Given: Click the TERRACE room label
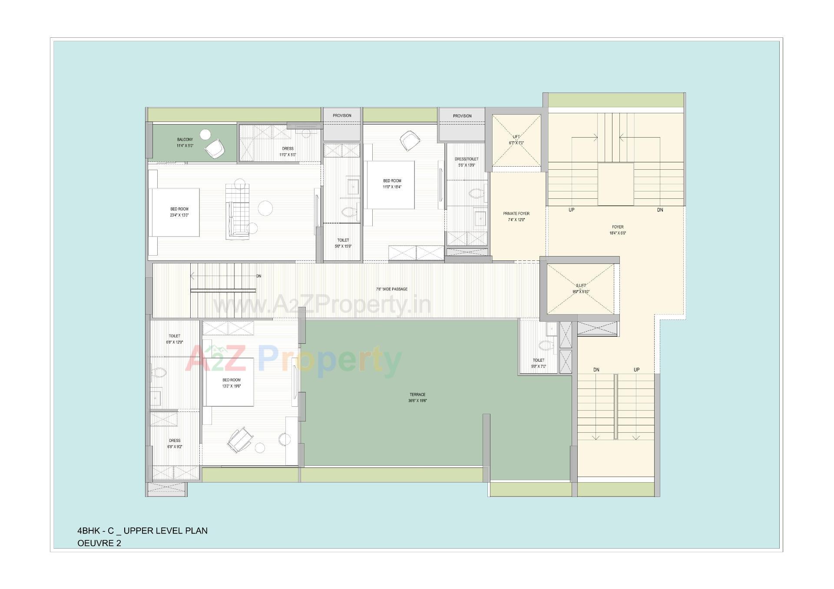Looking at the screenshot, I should point(417,395).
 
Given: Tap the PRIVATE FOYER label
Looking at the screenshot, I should point(516,214).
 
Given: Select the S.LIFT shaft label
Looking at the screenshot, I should point(581,286).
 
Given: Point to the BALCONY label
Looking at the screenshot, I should point(185,140).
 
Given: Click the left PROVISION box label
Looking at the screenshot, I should point(342,115).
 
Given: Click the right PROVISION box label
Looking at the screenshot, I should point(462,116).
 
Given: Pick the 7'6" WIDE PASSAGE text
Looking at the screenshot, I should point(392,289).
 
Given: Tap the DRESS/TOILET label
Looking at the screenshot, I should point(467,159).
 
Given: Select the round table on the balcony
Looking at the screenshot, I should point(205,134).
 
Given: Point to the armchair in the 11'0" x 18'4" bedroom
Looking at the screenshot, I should point(410,140).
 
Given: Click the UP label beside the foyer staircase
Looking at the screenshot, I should point(571,210).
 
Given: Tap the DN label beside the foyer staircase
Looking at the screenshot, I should point(660,210).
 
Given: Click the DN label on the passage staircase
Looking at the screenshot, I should point(259,276).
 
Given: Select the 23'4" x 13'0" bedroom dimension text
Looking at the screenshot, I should point(179,215).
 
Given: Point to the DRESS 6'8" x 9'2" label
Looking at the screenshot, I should point(175,441).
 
